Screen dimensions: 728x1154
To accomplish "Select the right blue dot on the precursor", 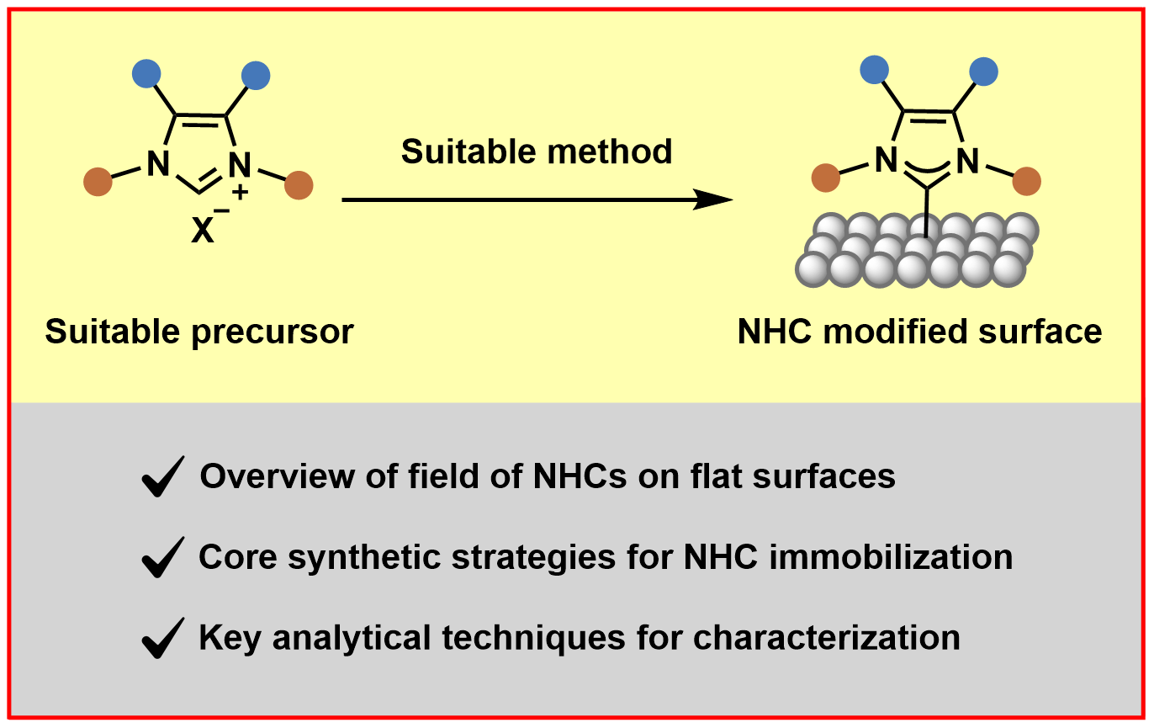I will [256, 76].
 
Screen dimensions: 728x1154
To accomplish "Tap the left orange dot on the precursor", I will [98, 181].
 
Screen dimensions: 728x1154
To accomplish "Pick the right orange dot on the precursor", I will [299, 184].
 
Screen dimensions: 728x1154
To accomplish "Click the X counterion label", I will [203, 231].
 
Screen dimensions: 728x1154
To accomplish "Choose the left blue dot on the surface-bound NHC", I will [876, 68].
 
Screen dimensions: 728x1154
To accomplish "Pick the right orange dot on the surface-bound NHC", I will [1026, 180].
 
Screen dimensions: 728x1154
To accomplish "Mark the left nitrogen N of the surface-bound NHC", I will [885, 159].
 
